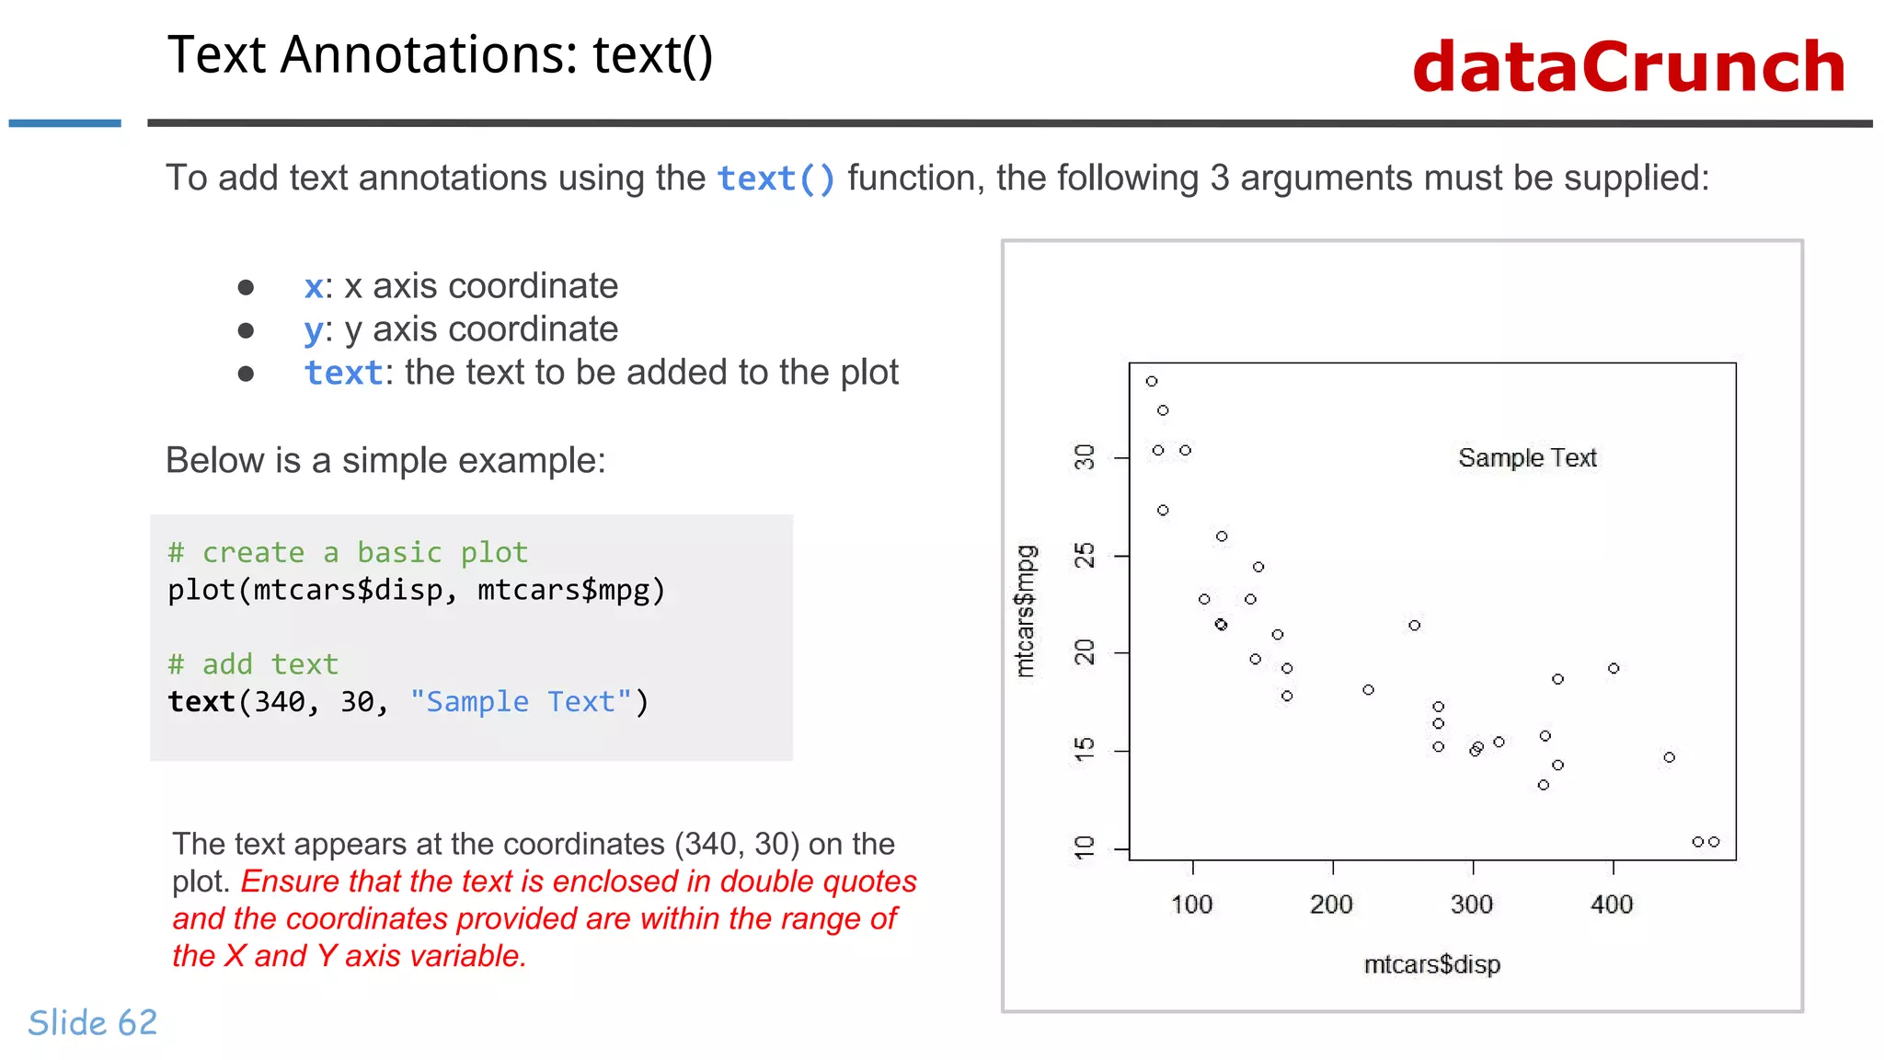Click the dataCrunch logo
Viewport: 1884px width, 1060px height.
tap(1628, 67)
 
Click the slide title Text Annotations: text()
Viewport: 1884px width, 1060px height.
tap(440, 55)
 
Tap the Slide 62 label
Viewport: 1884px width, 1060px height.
tap(93, 1022)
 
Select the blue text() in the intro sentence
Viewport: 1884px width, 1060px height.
tap(775, 179)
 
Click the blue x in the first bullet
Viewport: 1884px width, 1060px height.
tap(314, 287)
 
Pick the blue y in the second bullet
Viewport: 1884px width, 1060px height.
tap(314, 330)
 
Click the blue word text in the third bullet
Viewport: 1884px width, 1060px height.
tap(343, 373)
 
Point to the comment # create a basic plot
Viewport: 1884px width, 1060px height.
tap(348, 552)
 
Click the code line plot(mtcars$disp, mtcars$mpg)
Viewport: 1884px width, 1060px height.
tap(416, 590)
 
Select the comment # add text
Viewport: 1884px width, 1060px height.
tap(253, 663)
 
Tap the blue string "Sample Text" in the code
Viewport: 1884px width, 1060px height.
tap(521, 702)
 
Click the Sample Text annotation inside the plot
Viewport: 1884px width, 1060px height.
tap(1527, 457)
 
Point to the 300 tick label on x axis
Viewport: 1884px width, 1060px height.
tap(1472, 904)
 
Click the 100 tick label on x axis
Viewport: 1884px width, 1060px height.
tap(1191, 904)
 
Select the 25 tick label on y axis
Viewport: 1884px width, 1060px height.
tap(1086, 556)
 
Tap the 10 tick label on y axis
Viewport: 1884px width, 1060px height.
tap(1086, 847)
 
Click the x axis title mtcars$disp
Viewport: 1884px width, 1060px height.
tap(1431, 964)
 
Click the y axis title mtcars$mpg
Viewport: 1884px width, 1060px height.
tap(1025, 611)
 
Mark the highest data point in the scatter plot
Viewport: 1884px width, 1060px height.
tap(1151, 381)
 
